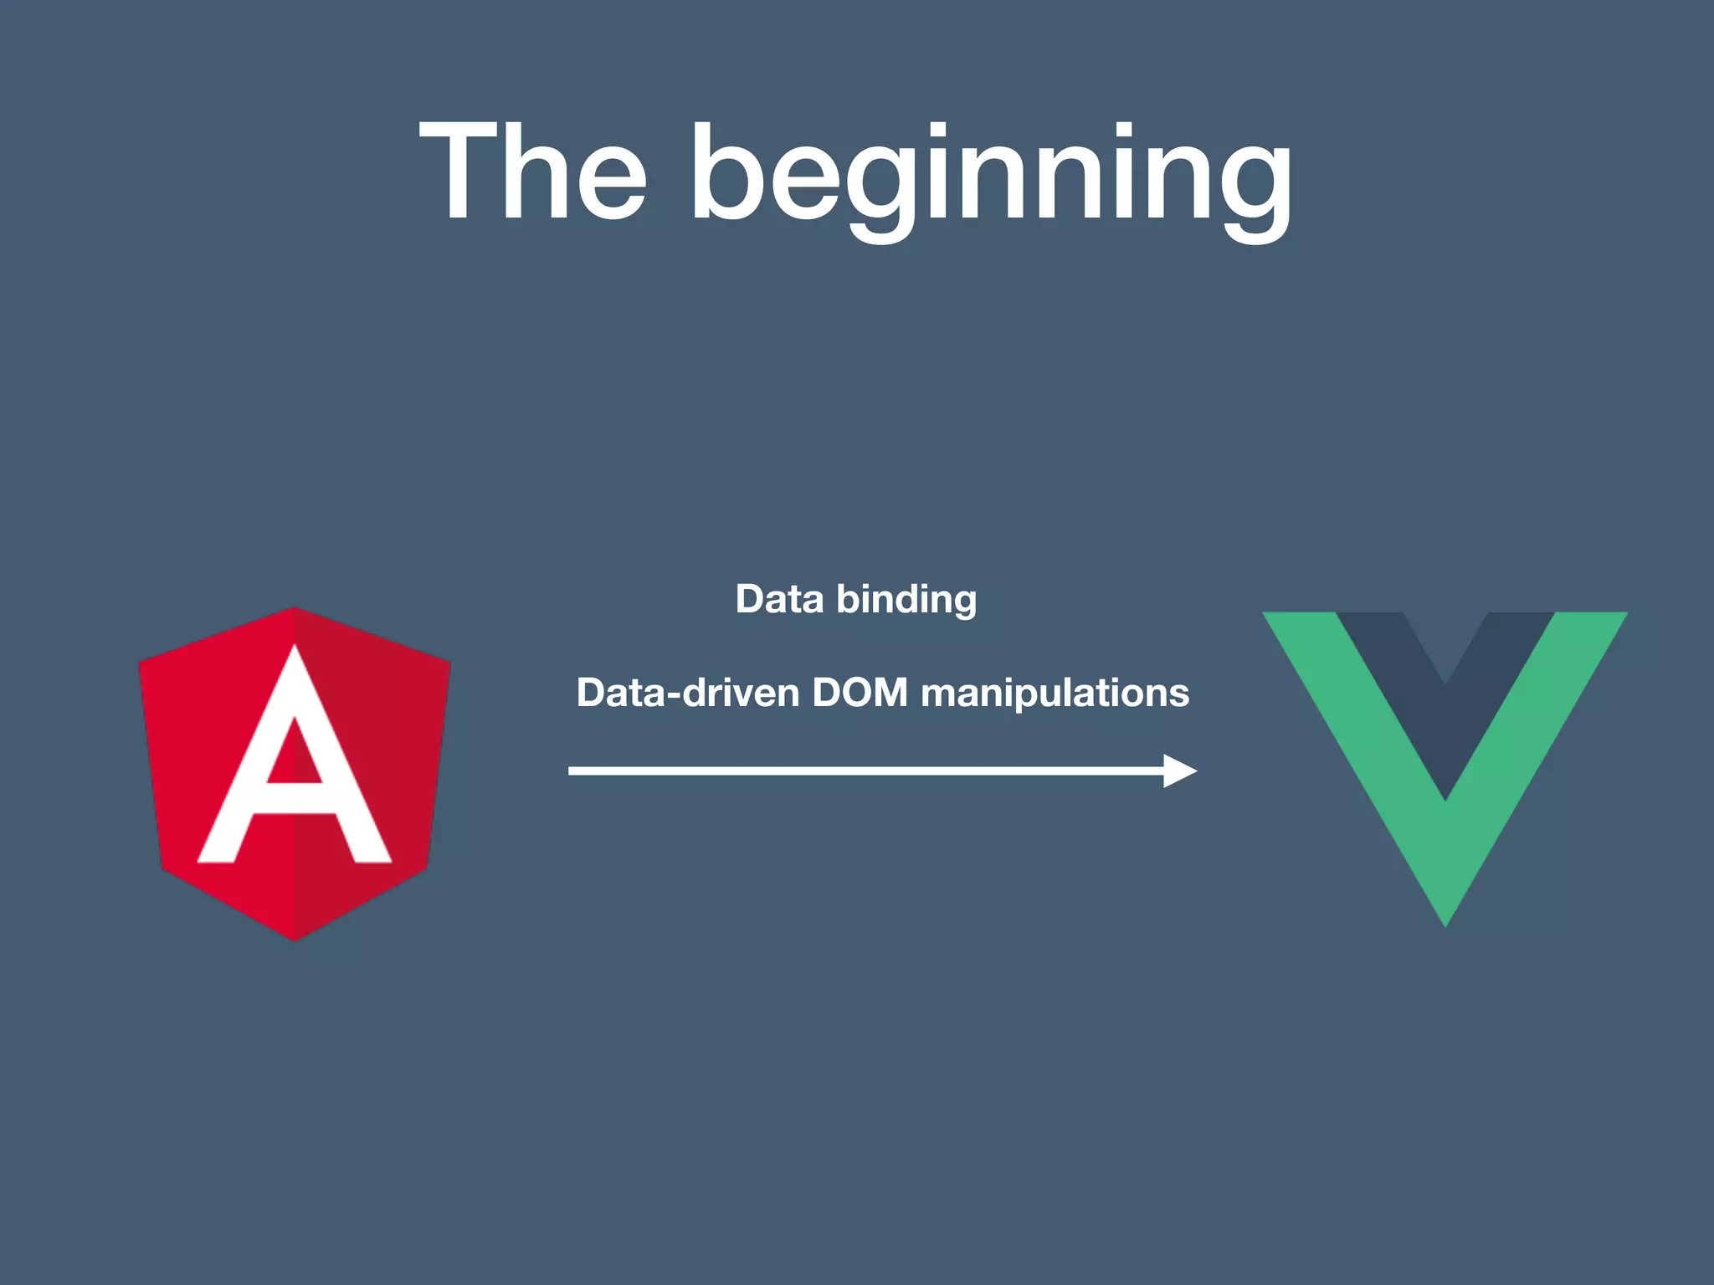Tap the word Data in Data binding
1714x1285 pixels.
pyautogui.click(x=779, y=599)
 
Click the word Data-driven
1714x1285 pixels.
pyautogui.click(x=687, y=693)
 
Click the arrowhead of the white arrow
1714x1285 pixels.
pyautogui.click(x=1180, y=770)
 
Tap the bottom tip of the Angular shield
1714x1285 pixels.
pyautogui.click(x=295, y=939)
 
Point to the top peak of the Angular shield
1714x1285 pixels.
pyautogui.click(x=295, y=610)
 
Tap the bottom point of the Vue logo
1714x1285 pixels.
pyautogui.click(x=1445, y=922)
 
